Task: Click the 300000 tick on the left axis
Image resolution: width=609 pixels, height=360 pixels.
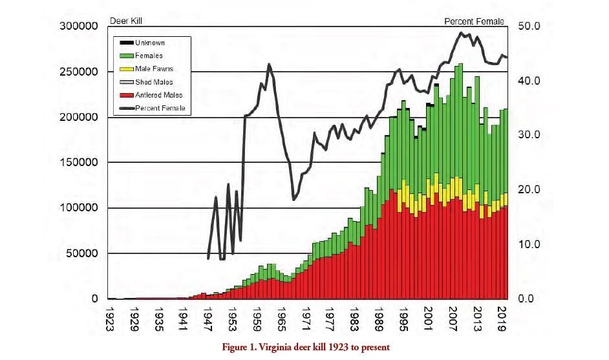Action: (x=79, y=26)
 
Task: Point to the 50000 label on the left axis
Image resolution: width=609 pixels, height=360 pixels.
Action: (x=82, y=253)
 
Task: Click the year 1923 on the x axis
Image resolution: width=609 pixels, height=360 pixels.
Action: (x=112, y=318)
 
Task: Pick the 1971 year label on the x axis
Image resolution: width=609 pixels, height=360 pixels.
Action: (x=306, y=318)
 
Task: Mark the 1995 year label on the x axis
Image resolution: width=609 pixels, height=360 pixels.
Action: (x=403, y=318)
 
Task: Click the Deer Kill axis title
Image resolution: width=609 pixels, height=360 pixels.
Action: (x=127, y=21)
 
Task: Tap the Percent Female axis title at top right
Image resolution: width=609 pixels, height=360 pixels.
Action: (x=474, y=21)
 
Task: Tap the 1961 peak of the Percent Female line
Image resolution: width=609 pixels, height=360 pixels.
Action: (x=269, y=65)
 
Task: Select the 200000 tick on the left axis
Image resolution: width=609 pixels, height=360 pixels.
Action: (x=79, y=118)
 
